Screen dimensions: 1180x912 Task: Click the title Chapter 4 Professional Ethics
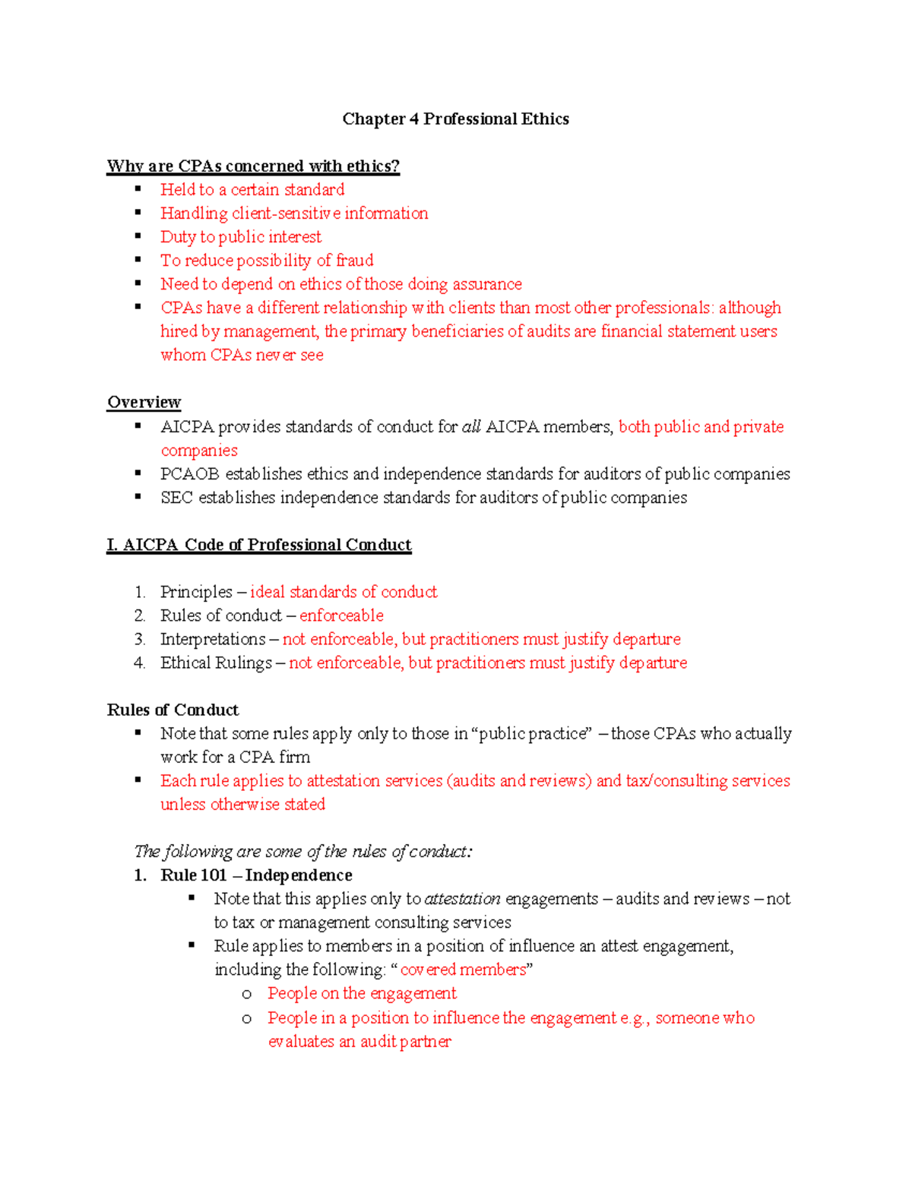coord(455,119)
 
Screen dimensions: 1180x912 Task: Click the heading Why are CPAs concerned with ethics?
coord(253,166)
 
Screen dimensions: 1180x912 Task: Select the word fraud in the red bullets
coord(354,261)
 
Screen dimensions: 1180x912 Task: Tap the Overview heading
coord(144,402)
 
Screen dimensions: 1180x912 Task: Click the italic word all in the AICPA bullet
coord(471,427)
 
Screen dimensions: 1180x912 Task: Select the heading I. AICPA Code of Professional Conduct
coord(258,545)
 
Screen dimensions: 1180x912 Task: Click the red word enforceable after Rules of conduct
coord(341,615)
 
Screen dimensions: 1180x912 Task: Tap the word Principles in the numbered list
coord(196,592)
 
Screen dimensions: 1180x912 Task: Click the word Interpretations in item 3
coord(213,639)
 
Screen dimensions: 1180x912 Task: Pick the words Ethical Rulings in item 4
coord(216,663)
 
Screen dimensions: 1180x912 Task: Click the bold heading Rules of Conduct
coord(173,710)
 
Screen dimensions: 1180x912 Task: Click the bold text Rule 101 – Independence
coord(256,875)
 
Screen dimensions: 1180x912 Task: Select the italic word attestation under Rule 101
coord(462,899)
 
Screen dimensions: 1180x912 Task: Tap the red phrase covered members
coord(463,970)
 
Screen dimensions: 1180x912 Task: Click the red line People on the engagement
coord(362,994)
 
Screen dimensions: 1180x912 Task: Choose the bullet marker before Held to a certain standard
coord(138,189)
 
